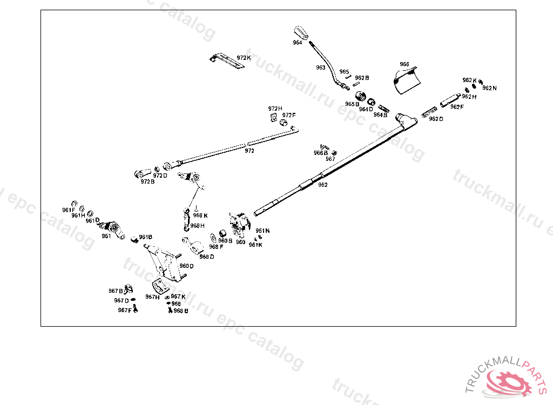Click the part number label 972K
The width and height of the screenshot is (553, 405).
coord(244,58)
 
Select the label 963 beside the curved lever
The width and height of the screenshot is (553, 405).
coord(321,68)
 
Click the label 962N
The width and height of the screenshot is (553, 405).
coord(489,88)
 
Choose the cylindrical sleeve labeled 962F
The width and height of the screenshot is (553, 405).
coord(449,100)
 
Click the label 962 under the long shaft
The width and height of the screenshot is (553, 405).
coord(322,185)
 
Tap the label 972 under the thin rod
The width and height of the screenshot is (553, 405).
coord(249,151)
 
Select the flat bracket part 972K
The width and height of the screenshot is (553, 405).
coord(227,60)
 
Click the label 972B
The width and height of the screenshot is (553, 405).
coord(147,181)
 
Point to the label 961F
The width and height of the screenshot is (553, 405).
coord(68,210)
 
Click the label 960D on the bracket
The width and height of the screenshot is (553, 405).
coord(186,266)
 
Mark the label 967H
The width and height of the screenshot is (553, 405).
coord(152,297)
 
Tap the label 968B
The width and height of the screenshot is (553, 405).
coord(181,310)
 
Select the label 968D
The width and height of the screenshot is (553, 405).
coord(206,256)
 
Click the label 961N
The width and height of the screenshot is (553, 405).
coord(262,231)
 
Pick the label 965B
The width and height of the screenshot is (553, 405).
coord(352,104)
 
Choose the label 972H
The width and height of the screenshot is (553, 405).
coord(275,109)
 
